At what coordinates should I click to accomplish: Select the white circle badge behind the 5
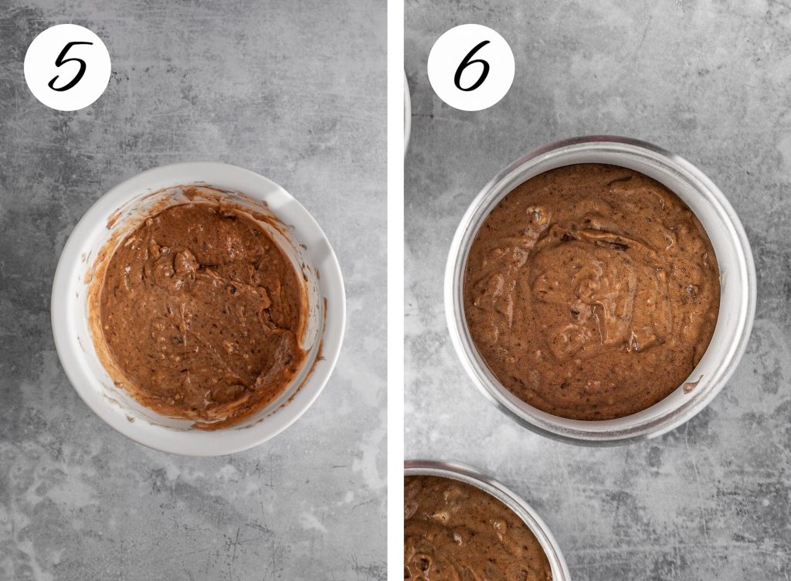(x=67, y=67)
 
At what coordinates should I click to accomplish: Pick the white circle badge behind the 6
(x=470, y=67)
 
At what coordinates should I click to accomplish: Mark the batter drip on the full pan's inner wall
(x=692, y=386)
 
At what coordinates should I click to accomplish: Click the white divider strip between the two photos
(x=395, y=290)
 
